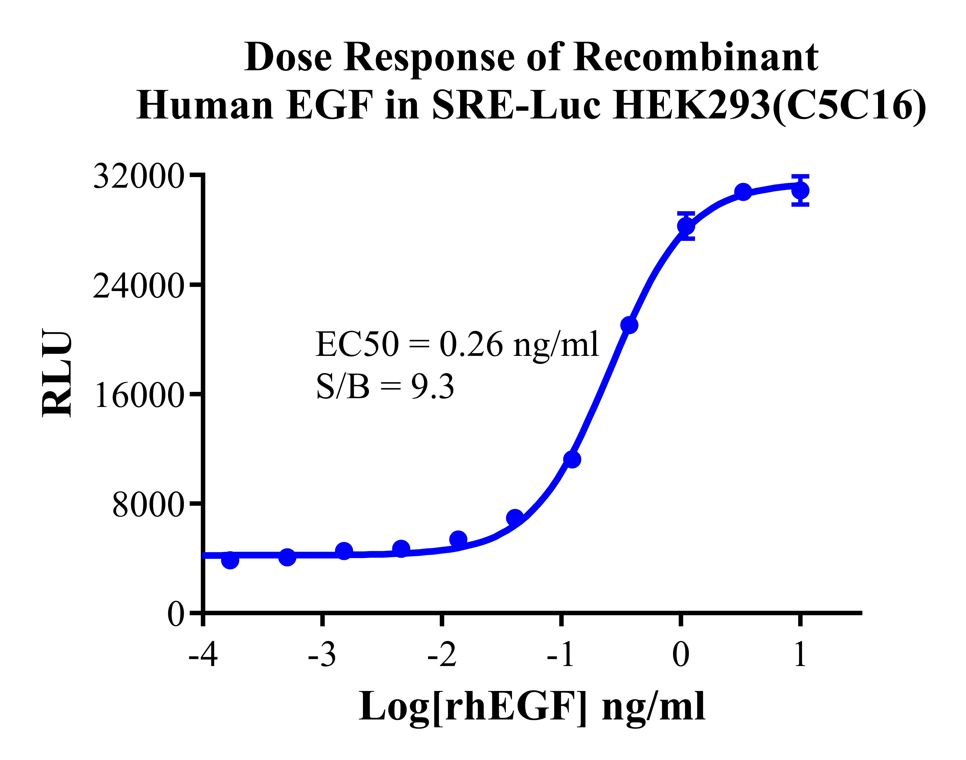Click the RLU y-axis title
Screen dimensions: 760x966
pyautogui.click(x=57, y=373)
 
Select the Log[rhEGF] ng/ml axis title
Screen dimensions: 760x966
pyautogui.click(x=532, y=707)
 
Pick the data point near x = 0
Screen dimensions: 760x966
pyautogui.click(x=686, y=226)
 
